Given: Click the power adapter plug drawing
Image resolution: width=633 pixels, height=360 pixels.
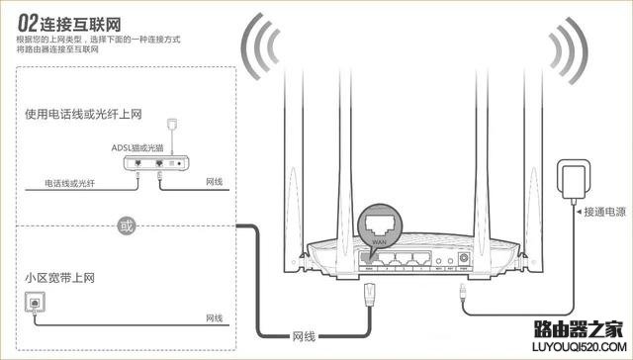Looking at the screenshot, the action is point(573,179).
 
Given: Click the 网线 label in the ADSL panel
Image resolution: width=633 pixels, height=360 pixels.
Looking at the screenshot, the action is point(214,183).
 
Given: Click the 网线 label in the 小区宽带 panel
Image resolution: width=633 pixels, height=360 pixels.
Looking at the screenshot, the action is point(214,317).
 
